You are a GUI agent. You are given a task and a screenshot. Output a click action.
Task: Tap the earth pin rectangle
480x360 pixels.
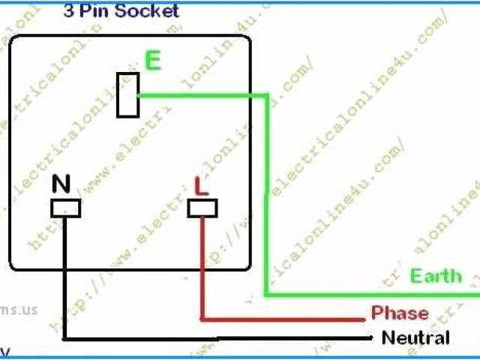point(128,94)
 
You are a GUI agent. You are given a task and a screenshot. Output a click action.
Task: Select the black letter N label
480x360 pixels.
point(61,184)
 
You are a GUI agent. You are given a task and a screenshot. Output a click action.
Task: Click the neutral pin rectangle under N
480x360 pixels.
point(65,208)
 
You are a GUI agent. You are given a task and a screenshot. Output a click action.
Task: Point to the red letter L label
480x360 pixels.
point(201,184)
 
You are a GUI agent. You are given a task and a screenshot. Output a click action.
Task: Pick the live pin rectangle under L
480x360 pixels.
point(202,207)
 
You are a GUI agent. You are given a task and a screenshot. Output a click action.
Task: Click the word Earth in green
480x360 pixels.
point(436,275)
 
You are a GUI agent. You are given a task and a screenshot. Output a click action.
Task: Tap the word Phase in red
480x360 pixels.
point(400,313)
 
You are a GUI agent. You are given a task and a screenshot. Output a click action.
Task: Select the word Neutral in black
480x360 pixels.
point(415,337)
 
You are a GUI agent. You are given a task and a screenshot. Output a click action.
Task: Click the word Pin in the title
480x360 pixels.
point(95,10)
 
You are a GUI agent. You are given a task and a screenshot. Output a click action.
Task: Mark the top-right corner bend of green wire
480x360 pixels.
point(266,95)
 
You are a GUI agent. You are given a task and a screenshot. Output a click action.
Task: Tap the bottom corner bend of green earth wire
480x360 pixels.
point(267,293)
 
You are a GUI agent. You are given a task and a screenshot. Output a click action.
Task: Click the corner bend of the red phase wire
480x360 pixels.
point(202,317)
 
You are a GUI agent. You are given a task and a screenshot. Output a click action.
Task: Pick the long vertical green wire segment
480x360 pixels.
point(266,195)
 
